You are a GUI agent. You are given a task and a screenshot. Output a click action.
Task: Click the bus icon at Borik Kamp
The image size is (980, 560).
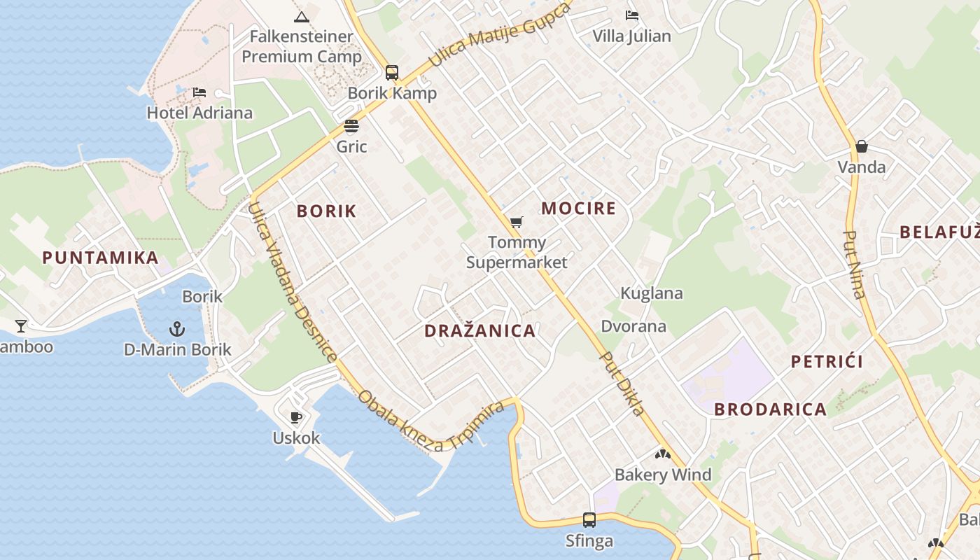(392, 72)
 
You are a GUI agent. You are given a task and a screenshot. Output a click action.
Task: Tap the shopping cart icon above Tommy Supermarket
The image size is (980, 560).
(516, 222)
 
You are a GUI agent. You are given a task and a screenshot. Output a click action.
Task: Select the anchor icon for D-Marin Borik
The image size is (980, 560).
(177, 328)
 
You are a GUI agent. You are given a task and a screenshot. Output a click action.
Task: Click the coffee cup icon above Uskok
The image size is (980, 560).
(296, 418)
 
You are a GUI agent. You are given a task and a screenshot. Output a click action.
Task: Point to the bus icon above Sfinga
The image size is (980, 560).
(589, 520)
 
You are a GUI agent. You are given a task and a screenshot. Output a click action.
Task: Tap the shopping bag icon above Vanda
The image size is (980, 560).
(862, 146)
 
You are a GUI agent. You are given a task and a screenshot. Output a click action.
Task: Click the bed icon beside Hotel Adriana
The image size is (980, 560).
(199, 92)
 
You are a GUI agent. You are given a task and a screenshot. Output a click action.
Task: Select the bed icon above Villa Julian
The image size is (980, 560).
(632, 15)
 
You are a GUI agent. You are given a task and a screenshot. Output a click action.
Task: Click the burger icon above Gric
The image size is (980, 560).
(351, 126)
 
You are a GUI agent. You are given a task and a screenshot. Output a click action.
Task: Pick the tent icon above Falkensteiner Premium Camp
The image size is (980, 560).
(302, 17)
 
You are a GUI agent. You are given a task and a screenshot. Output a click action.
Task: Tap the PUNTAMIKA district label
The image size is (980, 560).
(101, 258)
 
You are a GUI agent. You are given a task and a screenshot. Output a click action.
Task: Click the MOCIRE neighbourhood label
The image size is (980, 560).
(578, 208)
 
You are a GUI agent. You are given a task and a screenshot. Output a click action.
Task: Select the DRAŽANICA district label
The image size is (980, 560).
(479, 331)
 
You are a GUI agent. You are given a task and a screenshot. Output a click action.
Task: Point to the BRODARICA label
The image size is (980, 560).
(770, 409)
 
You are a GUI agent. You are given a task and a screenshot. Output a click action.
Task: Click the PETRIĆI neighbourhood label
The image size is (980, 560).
(827, 362)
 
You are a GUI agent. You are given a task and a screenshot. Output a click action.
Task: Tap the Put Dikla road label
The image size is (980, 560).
(622, 384)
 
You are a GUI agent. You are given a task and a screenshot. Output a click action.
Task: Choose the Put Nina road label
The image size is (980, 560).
(855, 265)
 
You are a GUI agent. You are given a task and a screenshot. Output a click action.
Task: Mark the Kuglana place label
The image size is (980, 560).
(652, 293)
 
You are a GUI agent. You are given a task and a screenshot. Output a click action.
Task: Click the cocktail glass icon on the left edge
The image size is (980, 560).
(21, 325)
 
